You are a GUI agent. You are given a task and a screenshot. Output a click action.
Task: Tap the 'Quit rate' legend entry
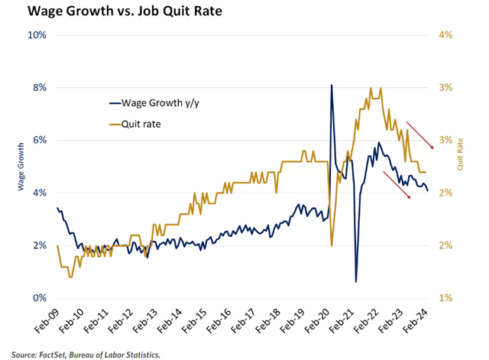[145, 123]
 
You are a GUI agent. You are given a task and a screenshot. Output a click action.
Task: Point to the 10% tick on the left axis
[38, 35]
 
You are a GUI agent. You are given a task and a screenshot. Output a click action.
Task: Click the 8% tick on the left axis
[40, 88]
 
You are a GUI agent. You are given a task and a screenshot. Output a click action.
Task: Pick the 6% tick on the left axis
[40, 141]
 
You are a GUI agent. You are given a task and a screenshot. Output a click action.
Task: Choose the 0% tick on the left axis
[40, 298]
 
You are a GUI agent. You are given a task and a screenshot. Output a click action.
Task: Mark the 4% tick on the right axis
[446, 35]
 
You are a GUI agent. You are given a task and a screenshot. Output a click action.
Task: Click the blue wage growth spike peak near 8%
[331, 85]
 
